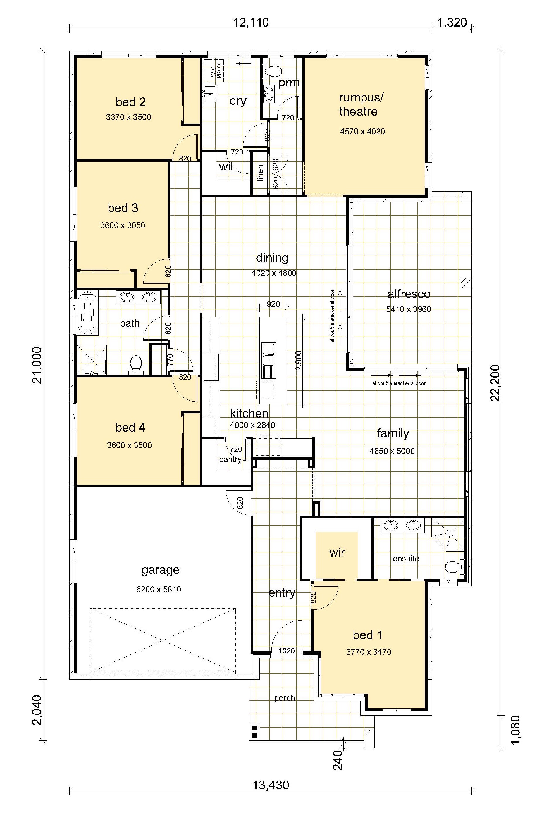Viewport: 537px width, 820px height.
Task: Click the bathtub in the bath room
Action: [88, 312]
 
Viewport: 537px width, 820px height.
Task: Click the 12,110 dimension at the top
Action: [251, 23]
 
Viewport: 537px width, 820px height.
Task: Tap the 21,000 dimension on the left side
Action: [37, 365]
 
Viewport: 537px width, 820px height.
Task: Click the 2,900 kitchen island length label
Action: [299, 360]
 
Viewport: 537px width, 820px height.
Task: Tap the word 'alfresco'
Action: [409, 294]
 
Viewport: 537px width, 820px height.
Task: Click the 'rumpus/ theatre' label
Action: [361, 104]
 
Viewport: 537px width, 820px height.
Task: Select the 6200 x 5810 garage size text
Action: [159, 589]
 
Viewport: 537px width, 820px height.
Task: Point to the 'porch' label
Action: [285, 698]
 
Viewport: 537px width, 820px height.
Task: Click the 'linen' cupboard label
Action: [261, 172]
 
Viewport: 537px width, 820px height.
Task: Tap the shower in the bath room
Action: [92, 360]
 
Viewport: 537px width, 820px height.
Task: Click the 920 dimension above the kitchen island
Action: [273, 304]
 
